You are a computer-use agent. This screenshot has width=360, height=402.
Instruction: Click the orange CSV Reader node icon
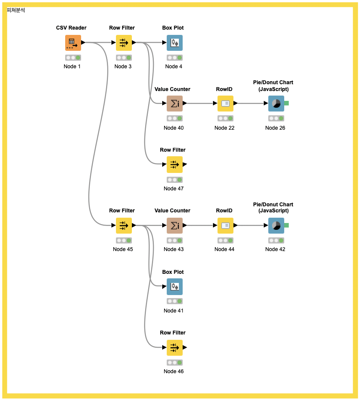click(73, 43)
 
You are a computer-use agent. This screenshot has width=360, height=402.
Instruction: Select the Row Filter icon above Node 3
click(124, 43)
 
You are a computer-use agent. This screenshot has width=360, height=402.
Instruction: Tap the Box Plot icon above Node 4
click(174, 43)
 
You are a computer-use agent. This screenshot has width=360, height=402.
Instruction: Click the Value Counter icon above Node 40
click(174, 104)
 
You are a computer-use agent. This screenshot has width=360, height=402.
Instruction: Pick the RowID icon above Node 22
click(225, 104)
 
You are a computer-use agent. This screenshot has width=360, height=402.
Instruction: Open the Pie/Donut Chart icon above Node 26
click(276, 104)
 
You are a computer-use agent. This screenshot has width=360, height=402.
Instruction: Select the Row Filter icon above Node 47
click(174, 165)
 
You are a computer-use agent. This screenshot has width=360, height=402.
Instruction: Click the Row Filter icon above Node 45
click(124, 226)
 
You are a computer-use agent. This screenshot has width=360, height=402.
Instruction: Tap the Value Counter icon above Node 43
click(174, 226)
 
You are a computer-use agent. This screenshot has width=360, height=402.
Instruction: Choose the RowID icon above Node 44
click(225, 226)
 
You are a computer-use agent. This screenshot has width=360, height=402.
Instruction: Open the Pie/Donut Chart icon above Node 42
click(276, 226)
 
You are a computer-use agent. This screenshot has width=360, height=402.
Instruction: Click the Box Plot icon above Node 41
click(174, 287)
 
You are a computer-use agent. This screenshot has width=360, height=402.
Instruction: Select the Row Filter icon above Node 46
click(174, 347)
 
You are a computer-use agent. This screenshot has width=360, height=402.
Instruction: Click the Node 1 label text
click(72, 67)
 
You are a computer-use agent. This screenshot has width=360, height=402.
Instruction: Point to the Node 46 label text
click(174, 372)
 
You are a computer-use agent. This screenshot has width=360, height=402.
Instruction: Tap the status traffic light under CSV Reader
click(73, 58)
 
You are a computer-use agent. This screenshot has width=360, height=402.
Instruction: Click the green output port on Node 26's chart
click(286, 103)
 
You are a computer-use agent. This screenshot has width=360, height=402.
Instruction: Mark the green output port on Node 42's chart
click(286, 225)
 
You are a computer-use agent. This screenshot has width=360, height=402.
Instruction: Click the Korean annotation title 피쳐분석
click(16, 10)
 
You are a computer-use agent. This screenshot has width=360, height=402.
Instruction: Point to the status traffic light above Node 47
click(174, 180)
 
